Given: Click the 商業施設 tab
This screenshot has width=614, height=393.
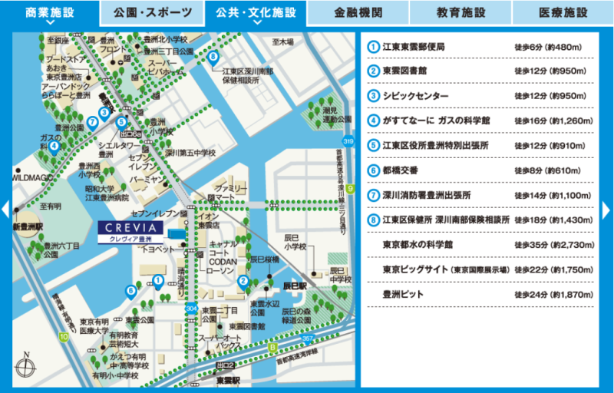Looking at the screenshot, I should tap(49, 12).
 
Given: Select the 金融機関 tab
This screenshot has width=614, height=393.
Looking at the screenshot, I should tap(357, 12).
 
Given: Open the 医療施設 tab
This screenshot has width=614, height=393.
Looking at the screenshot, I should tap(563, 12).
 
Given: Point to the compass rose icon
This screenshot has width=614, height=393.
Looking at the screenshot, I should tap(25, 367).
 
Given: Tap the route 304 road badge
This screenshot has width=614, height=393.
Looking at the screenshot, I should tap(190, 309).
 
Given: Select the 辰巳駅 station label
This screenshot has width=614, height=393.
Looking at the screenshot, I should tap(294, 286).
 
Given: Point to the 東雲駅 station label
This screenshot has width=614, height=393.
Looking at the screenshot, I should tap(228, 379).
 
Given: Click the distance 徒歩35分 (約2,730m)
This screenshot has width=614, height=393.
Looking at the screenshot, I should tap(554, 245).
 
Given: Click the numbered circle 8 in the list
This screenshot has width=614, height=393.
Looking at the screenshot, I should tap(373, 220).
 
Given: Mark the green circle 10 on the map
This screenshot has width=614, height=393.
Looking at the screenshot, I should tap(63, 336).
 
